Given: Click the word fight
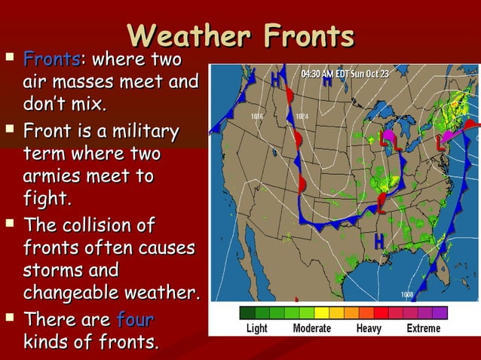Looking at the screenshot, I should click(47, 198).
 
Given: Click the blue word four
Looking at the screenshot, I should click(136, 320).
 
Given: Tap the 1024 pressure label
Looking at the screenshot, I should click(302, 117).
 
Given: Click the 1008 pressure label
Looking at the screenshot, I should click(406, 294).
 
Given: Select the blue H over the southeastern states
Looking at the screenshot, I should click(378, 240).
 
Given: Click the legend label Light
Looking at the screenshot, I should click(257, 328).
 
